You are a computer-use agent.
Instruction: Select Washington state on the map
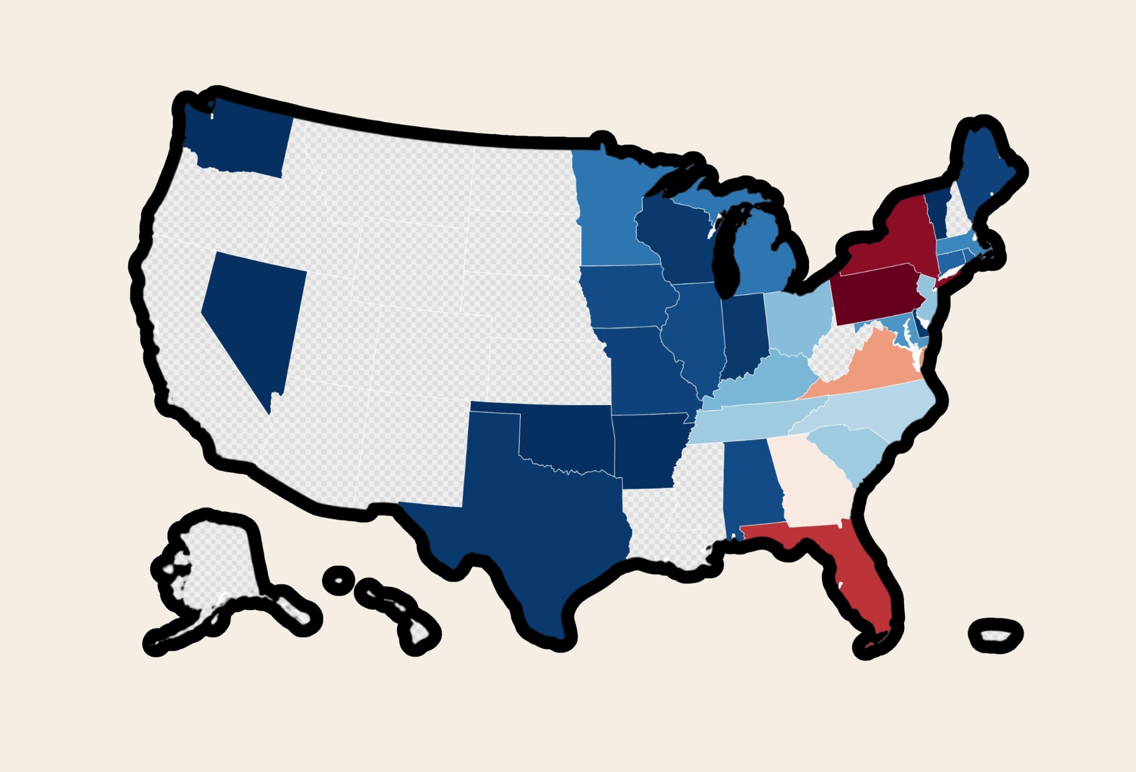(x=239, y=139)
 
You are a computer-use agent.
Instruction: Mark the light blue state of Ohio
(x=796, y=322)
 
